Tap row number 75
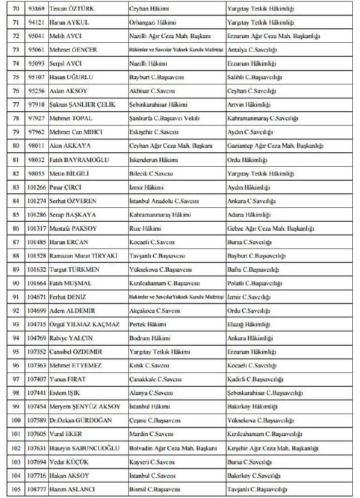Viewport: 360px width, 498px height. (x=16, y=77)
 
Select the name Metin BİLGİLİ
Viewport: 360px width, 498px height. (x=69, y=173)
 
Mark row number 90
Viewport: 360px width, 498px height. (x=16, y=283)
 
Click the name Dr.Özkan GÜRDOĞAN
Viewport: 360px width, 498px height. (x=81, y=420)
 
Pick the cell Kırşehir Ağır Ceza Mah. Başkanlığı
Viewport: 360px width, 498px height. (x=273, y=447)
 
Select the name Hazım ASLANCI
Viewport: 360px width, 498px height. (x=70, y=489)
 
